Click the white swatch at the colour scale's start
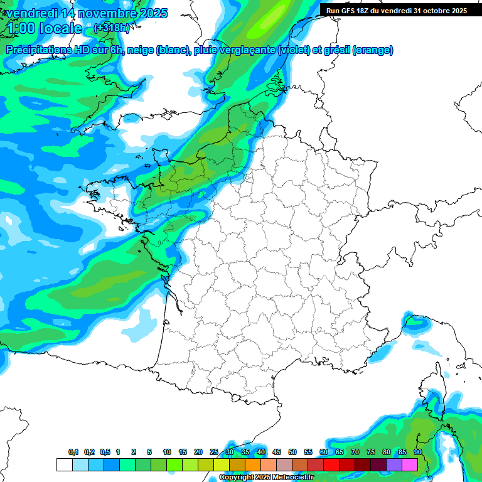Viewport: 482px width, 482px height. coord(64,464)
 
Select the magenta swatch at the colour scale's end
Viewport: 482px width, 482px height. coord(410,464)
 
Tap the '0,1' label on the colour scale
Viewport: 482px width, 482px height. coord(73,452)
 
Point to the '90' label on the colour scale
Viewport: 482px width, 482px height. coord(417,452)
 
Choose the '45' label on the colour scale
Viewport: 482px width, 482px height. coord(277,452)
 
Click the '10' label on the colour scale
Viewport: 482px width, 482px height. coord(167,452)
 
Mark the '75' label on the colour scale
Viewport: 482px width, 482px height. coord(370,452)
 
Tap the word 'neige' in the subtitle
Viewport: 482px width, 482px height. coord(140,50)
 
